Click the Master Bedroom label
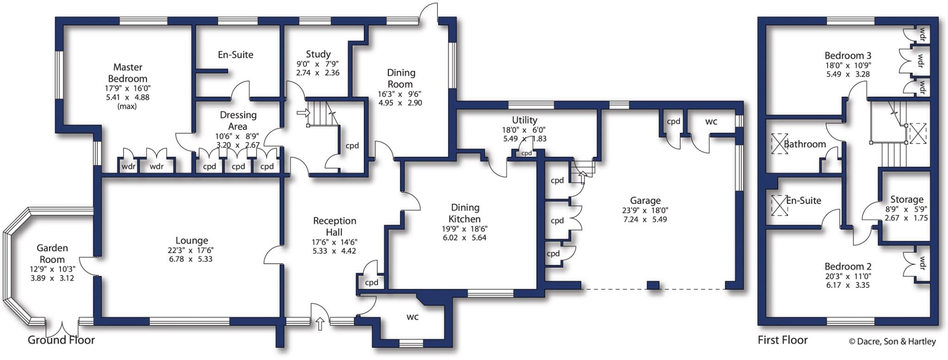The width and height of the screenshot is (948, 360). [x=127, y=73]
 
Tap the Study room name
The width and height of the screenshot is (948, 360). [x=318, y=54]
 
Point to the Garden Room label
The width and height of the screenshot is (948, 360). [x=52, y=254]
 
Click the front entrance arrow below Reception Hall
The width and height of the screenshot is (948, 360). [x=320, y=324]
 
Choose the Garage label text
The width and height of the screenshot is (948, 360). [x=645, y=200]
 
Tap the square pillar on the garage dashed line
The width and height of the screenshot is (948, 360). [x=653, y=285]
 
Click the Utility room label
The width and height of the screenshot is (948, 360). [x=524, y=120]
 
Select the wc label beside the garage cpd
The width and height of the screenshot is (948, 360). [x=711, y=122]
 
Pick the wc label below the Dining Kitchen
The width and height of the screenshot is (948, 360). [x=412, y=317]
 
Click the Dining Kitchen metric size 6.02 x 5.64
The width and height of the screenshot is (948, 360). [x=464, y=238]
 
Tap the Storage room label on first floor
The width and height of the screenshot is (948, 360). [x=906, y=199]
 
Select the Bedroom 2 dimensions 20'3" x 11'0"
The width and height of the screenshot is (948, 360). [x=848, y=276]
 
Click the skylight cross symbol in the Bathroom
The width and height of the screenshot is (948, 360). [x=779, y=143]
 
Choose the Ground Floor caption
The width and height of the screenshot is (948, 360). [x=61, y=340]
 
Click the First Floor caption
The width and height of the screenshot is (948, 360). [x=782, y=340]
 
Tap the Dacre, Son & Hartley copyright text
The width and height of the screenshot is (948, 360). [x=892, y=341]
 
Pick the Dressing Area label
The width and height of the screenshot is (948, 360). [x=238, y=120]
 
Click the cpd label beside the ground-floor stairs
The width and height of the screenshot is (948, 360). [x=352, y=146]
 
